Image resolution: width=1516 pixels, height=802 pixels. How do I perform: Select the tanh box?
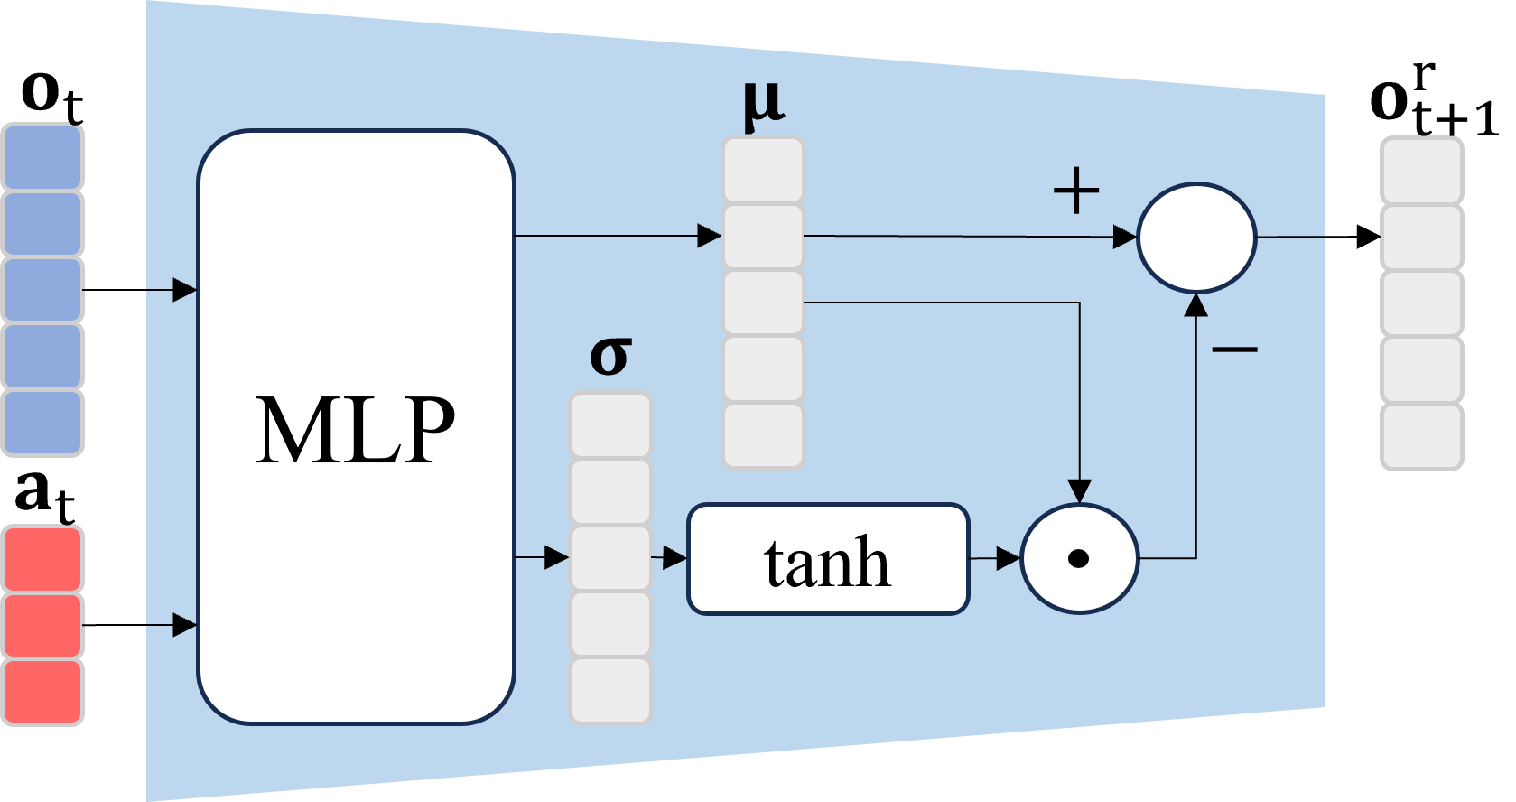click(x=827, y=560)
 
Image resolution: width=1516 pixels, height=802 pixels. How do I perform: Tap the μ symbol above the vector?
click(x=763, y=105)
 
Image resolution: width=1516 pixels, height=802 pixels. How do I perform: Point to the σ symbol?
click(x=610, y=356)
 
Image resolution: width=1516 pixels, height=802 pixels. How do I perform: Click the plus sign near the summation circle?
click(x=1076, y=191)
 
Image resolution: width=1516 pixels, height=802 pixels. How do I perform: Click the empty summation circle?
click(x=1196, y=238)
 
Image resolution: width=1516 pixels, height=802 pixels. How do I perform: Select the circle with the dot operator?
click(x=1079, y=559)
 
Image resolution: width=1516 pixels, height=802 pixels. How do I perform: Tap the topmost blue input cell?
click(x=42, y=157)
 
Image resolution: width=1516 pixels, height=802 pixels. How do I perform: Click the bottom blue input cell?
click(x=42, y=423)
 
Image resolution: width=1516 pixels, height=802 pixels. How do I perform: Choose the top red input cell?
click(x=42, y=560)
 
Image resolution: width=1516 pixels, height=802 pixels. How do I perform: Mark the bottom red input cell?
click(x=42, y=692)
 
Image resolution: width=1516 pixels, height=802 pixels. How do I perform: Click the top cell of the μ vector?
click(x=763, y=170)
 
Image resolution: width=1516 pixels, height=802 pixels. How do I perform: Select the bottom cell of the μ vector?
click(x=763, y=435)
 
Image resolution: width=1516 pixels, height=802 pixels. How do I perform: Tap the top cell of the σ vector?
click(x=610, y=425)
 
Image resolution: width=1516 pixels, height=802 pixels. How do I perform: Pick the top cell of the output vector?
click(x=1421, y=170)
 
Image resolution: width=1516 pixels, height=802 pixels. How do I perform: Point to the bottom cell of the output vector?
click(x=1421, y=437)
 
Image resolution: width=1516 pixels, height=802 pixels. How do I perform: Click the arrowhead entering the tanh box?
click(x=674, y=557)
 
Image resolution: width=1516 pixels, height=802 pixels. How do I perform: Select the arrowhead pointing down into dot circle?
click(x=1079, y=490)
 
